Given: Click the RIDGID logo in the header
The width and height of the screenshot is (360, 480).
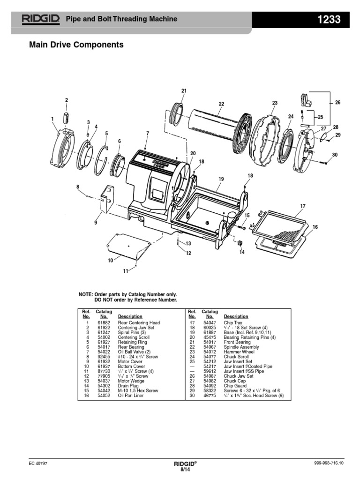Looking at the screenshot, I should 40,19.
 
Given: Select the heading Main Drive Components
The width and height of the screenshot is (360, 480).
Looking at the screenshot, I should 76,45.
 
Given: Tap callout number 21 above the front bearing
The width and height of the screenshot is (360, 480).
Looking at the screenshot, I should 184,90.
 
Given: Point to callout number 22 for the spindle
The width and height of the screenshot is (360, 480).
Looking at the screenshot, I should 221,104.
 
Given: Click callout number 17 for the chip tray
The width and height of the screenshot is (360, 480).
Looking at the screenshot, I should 303,206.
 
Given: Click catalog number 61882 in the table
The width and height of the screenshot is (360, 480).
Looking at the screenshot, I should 103,323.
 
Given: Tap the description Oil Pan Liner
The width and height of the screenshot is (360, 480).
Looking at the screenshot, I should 131,396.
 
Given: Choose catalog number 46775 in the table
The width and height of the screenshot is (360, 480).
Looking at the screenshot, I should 209,396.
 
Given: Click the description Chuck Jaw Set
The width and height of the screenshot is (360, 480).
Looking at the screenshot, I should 238,376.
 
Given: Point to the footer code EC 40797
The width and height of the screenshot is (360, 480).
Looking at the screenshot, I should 38,463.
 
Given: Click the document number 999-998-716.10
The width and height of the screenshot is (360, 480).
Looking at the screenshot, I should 329,463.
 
